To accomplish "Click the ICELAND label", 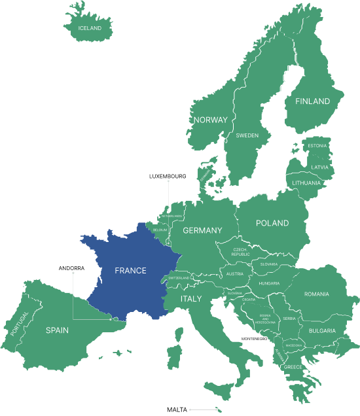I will [x=90, y=28].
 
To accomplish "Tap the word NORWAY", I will [x=210, y=120].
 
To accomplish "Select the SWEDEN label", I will [x=247, y=135].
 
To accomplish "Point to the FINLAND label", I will [x=312, y=101].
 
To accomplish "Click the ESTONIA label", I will [x=317, y=145].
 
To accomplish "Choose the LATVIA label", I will [x=319, y=167].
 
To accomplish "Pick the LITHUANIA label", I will [x=306, y=182].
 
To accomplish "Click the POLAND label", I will [x=272, y=223].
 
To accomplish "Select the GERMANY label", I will [x=202, y=230].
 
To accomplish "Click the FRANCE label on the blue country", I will [x=130, y=270].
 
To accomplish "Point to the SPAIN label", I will [x=57, y=330].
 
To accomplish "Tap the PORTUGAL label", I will [x=20, y=323].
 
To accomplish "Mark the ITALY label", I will [x=191, y=299].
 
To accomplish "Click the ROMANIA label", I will [x=316, y=294].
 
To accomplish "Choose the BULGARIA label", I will [x=322, y=331].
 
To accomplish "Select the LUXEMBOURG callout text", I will [x=168, y=176].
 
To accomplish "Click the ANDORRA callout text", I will [x=71, y=268].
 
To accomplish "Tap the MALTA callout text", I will [x=177, y=409].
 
